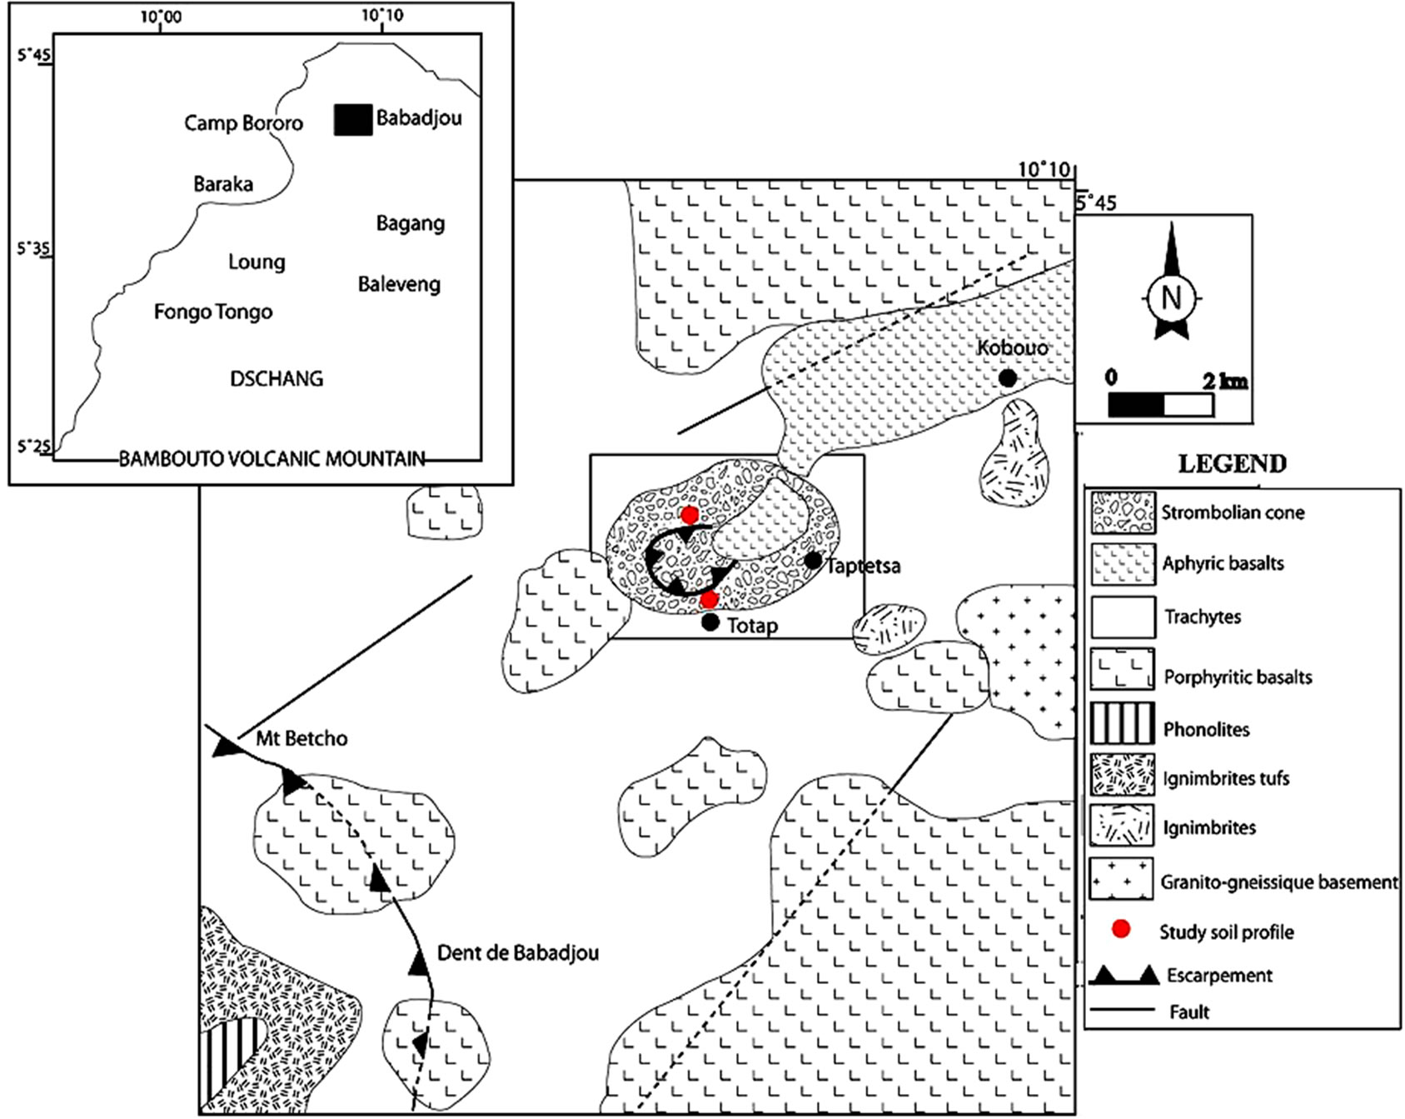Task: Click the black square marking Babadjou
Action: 353,120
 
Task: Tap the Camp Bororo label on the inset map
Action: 243,123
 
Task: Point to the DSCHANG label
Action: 277,379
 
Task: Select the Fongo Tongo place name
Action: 213,312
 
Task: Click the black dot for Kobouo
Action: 1008,378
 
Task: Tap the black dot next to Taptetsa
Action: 812,561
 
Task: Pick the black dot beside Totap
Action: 710,622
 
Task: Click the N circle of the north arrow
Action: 1171,297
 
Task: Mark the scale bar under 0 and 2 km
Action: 1160,405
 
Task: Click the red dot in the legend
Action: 1121,929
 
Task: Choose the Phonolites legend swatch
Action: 1122,722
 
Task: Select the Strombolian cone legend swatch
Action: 1122,512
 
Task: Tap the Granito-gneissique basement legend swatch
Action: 1122,879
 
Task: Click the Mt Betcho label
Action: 301,739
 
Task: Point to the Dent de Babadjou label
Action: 517,953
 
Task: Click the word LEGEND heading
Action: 1232,464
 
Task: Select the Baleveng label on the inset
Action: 399,285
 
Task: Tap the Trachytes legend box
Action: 1122,617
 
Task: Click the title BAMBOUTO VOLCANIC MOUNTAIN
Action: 272,459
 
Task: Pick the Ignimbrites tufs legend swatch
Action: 1122,775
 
